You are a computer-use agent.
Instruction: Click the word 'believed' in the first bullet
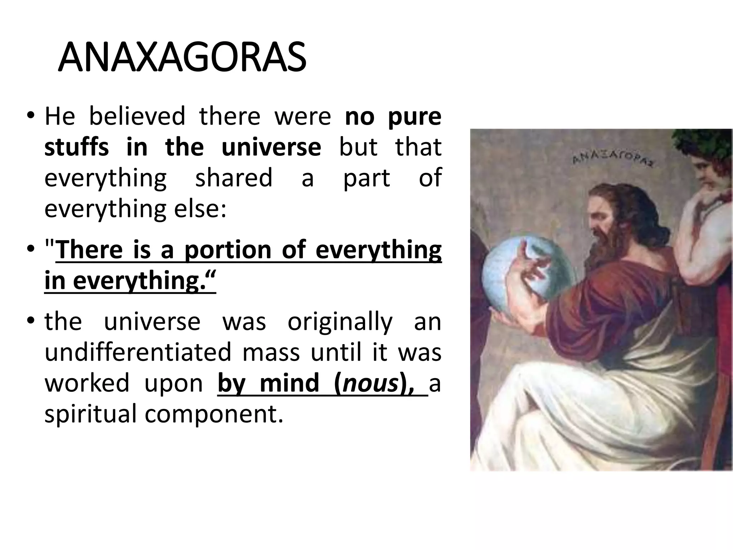click(x=137, y=116)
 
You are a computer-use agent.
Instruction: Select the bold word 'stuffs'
click(x=77, y=147)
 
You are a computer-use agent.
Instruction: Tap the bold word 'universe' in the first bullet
click(x=271, y=147)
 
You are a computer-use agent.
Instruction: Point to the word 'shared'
click(x=233, y=178)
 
